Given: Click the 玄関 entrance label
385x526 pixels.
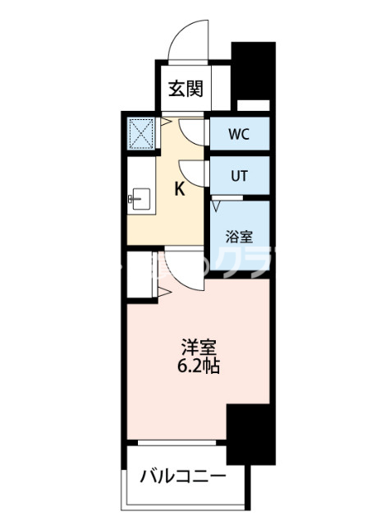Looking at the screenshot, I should pyautogui.click(x=186, y=90).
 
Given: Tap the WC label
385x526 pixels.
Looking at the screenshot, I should pyautogui.click(x=239, y=132).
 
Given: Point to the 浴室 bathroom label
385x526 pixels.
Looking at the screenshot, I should pyautogui.click(x=239, y=235).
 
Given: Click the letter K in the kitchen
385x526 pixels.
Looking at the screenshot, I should pyautogui.click(x=179, y=189).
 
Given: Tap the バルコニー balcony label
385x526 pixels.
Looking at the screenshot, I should pyautogui.click(x=181, y=477).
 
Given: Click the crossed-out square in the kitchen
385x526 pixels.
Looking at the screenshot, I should pyautogui.click(x=141, y=132).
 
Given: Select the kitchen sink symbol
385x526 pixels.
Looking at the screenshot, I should pyautogui.click(x=139, y=198).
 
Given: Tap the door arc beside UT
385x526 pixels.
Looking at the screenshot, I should pyautogui.click(x=194, y=173).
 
